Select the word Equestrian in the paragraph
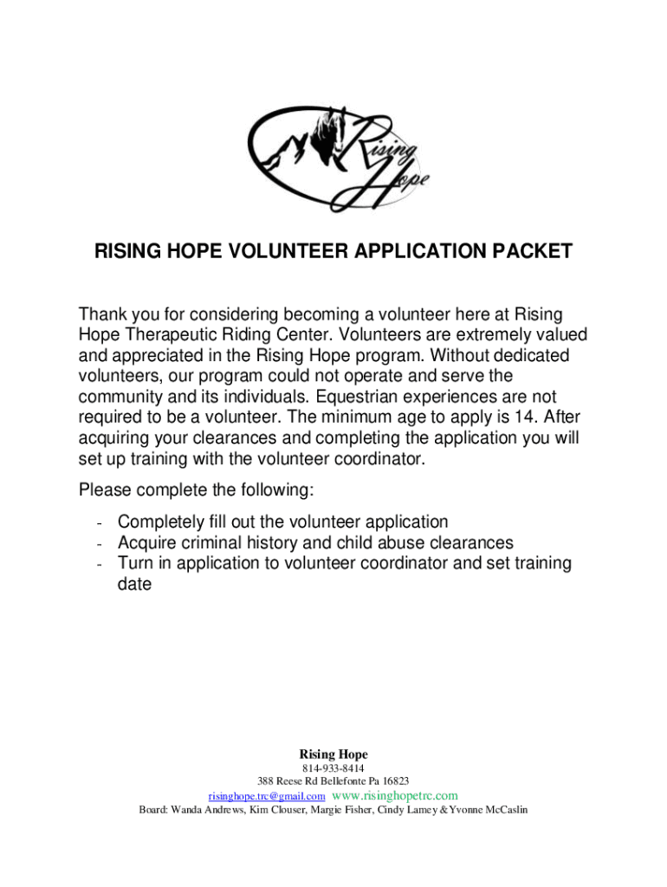357,398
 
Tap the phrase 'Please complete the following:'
196,490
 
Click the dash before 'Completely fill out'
101,522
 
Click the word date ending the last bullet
135,585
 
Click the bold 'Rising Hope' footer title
333,754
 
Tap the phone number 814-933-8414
333,769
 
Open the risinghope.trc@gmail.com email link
267,796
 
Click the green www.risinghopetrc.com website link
395,796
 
